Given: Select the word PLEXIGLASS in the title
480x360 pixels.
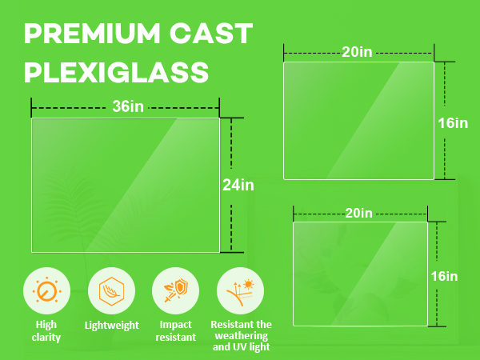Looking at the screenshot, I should pyautogui.click(x=117, y=73).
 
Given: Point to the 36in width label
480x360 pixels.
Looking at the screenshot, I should pyautogui.click(x=125, y=106).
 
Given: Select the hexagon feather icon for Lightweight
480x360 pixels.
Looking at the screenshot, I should pyautogui.click(x=111, y=290).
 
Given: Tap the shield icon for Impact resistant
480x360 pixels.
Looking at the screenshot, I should pyautogui.click(x=176, y=290).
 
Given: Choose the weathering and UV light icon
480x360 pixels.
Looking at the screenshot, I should pyautogui.click(x=240, y=290).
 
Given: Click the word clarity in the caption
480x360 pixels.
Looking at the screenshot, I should pyautogui.click(x=47, y=338).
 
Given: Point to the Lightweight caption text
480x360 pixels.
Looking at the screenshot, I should pyautogui.click(x=111, y=325).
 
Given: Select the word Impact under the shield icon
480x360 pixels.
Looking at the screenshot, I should pyautogui.click(x=176, y=325).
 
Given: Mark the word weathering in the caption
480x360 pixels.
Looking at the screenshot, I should pyautogui.click(x=240, y=336).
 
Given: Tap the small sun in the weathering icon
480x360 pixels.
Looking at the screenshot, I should pyautogui.click(x=249, y=283).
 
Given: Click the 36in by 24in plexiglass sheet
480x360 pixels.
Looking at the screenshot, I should pyautogui.click(x=125, y=185).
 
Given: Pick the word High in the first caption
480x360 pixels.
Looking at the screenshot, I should pyautogui.click(x=47, y=325).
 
